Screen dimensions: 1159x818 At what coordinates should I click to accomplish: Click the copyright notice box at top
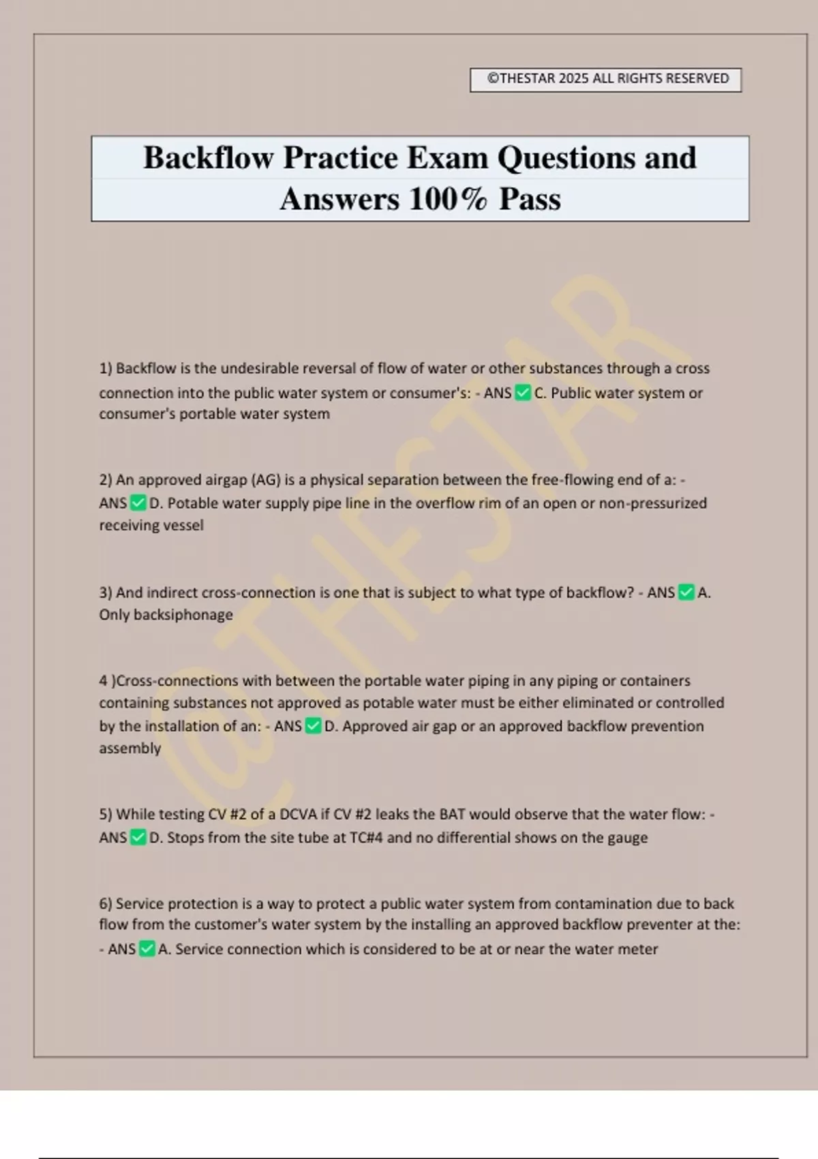tap(605, 79)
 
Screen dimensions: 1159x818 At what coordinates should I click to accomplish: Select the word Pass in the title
tap(530, 200)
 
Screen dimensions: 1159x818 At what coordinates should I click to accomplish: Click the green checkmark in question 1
tap(523, 393)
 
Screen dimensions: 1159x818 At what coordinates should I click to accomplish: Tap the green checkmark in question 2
tap(138, 503)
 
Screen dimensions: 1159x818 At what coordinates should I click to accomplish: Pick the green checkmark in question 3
tap(686, 592)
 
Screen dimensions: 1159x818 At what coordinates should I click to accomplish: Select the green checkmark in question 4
tap(313, 726)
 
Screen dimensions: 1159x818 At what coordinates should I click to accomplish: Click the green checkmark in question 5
tap(138, 837)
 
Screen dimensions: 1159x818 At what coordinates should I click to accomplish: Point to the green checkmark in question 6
tap(147, 949)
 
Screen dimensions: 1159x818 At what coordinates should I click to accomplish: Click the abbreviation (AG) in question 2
tap(266, 480)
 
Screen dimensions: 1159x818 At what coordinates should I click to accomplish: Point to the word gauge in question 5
tap(627, 838)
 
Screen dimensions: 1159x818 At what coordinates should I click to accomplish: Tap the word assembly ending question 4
tap(130, 749)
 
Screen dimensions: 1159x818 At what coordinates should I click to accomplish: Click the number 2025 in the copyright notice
tap(573, 78)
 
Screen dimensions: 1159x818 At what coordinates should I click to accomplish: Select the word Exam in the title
tap(447, 158)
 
